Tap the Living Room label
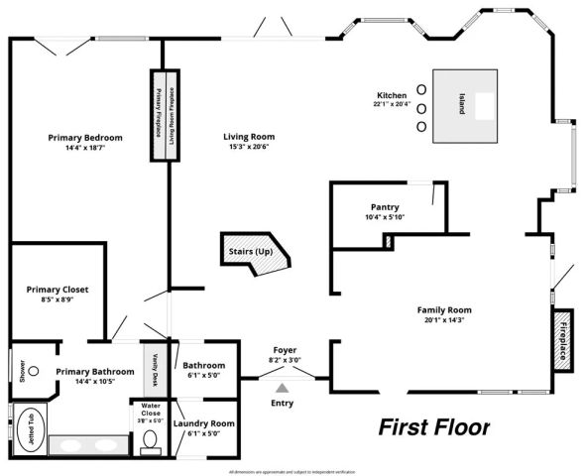[248, 136]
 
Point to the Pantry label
[385, 206]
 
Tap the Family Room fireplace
[562, 338]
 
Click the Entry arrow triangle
[282, 389]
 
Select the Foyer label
[285, 350]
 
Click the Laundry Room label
[203, 423]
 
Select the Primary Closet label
[58, 290]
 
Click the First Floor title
[434, 427]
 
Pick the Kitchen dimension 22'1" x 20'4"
[392, 103]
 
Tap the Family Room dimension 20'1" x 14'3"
[444, 319]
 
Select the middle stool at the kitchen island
[420, 107]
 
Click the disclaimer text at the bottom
[292, 471]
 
